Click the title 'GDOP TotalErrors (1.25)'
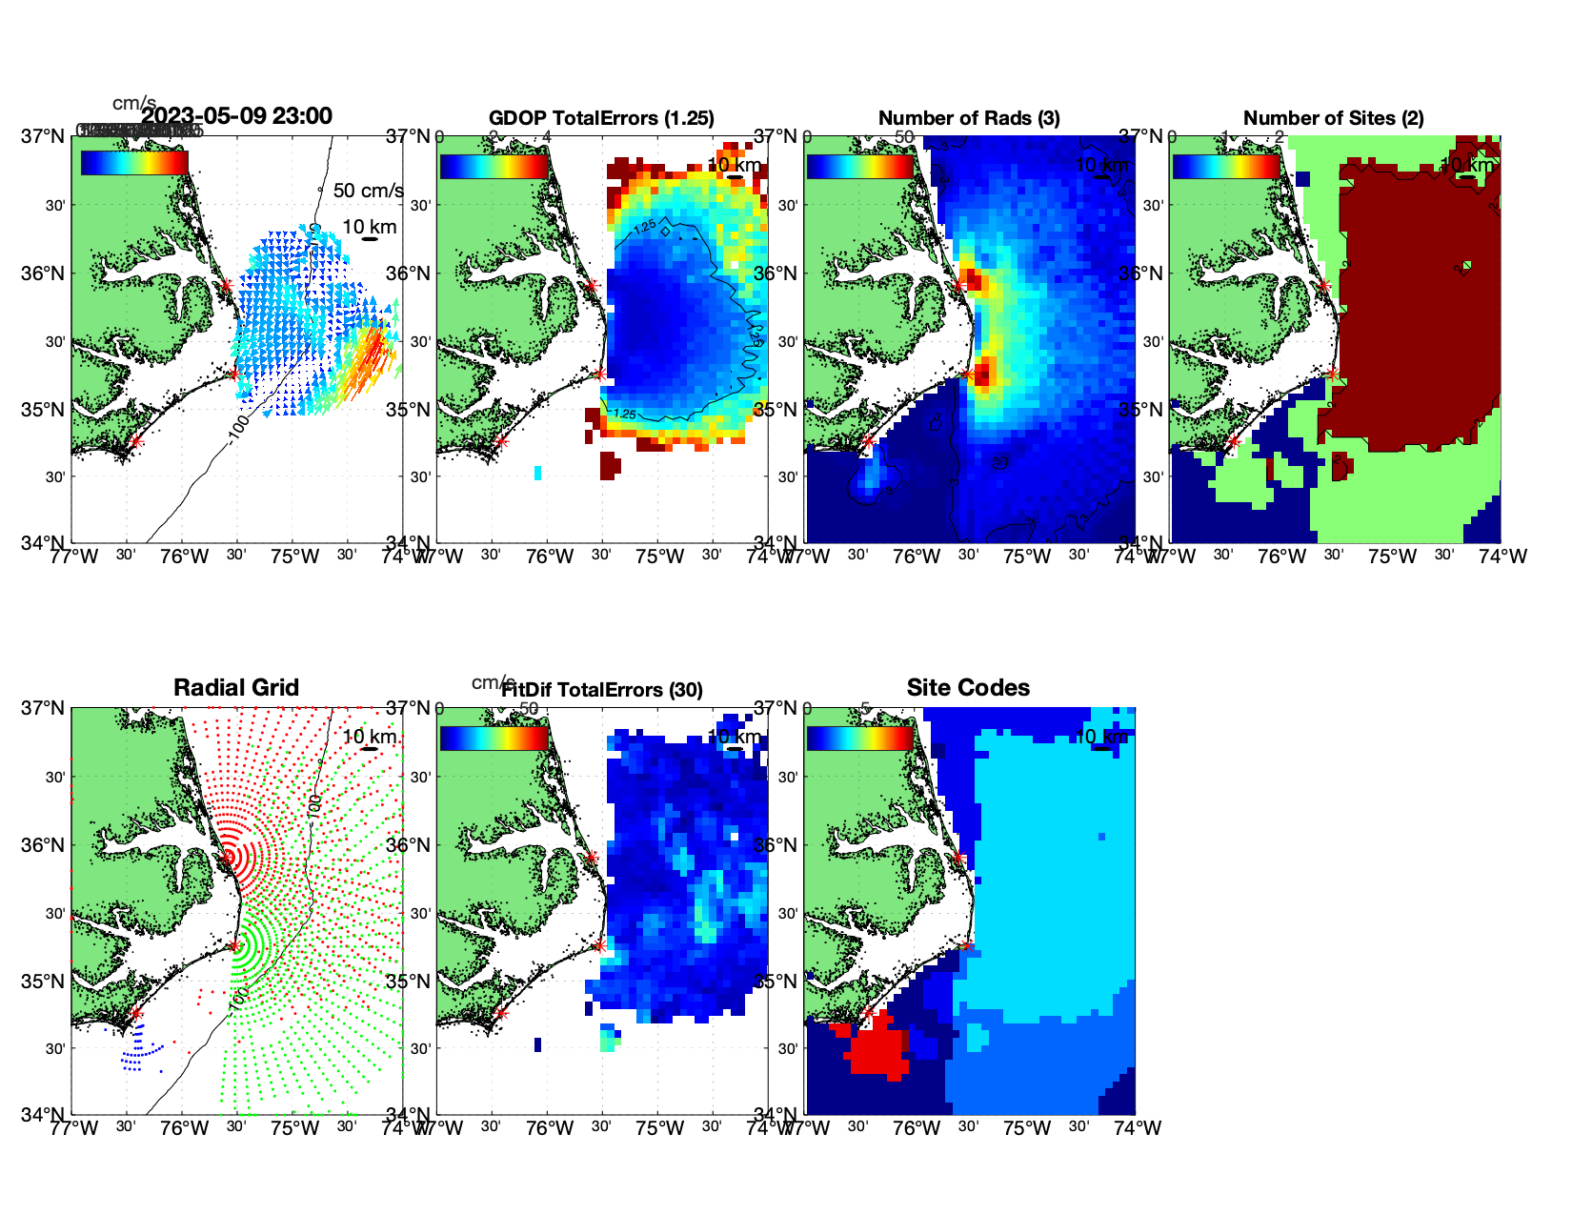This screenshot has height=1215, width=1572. pyautogui.click(x=601, y=118)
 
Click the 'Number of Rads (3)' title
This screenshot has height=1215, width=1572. pyautogui.click(x=969, y=118)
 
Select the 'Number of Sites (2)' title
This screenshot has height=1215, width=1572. pyautogui.click(x=1333, y=118)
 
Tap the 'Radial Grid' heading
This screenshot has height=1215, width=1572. pyautogui.click(x=236, y=688)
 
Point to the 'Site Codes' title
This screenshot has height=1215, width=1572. pyautogui.click(x=968, y=688)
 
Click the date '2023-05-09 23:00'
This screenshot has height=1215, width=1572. pyautogui.click(x=237, y=116)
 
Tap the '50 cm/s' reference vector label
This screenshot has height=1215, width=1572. pyautogui.click(x=368, y=191)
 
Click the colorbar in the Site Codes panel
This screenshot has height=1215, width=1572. pyautogui.click(x=859, y=739)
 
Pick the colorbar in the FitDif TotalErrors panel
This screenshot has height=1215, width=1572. pyautogui.click(x=494, y=739)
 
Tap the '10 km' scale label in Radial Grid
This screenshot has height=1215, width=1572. pyautogui.click(x=369, y=737)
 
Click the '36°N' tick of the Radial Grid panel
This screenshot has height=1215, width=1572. pyautogui.click(x=45, y=845)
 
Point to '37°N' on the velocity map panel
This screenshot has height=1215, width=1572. pyautogui.click(x=45, y=136)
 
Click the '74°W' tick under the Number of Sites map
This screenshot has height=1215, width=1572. pyautogui.click(x=1502, y=557)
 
